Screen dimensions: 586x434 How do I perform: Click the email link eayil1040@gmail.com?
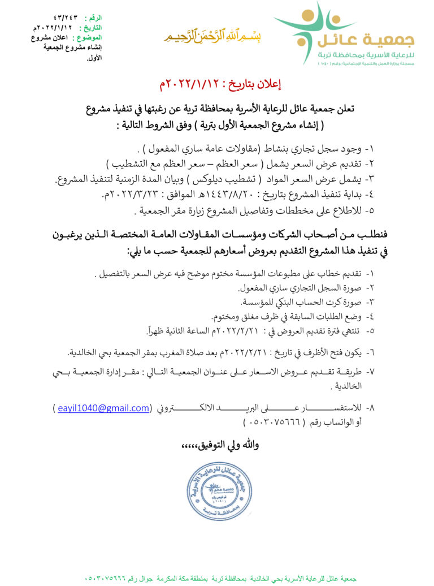tap(103, 408)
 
